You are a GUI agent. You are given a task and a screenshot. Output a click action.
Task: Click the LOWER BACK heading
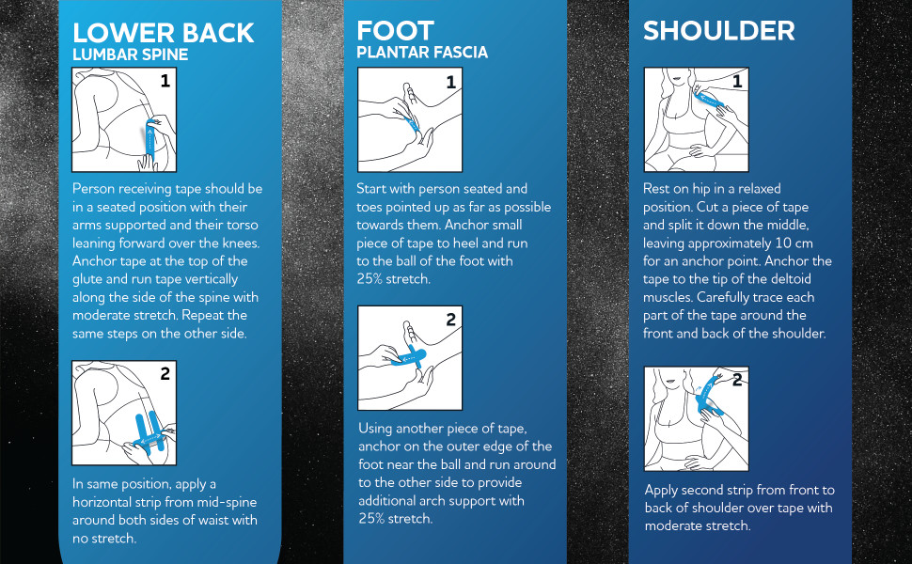point(163,33)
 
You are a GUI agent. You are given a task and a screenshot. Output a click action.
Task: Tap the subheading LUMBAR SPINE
point(131,55)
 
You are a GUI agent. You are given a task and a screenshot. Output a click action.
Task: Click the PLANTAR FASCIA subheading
point(422,53)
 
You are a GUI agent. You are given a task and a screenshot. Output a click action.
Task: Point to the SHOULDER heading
point(719,31)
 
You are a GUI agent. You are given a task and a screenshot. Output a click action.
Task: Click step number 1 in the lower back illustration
point(165,80)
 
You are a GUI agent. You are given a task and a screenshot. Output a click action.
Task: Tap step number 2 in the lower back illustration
point(165,373)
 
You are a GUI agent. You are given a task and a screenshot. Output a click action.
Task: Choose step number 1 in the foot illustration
point(450,82)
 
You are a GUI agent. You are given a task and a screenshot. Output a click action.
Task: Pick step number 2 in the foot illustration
point(450,320)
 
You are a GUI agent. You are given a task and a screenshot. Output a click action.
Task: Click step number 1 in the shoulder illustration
point(737,81)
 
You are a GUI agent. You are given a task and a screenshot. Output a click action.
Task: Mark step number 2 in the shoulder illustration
point(737,380)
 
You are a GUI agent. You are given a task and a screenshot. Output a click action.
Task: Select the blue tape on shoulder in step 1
point(710,100)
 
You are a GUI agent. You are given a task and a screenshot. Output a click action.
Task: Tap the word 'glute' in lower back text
point(87,280)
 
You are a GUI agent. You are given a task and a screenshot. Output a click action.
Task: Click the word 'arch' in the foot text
point(437,501)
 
